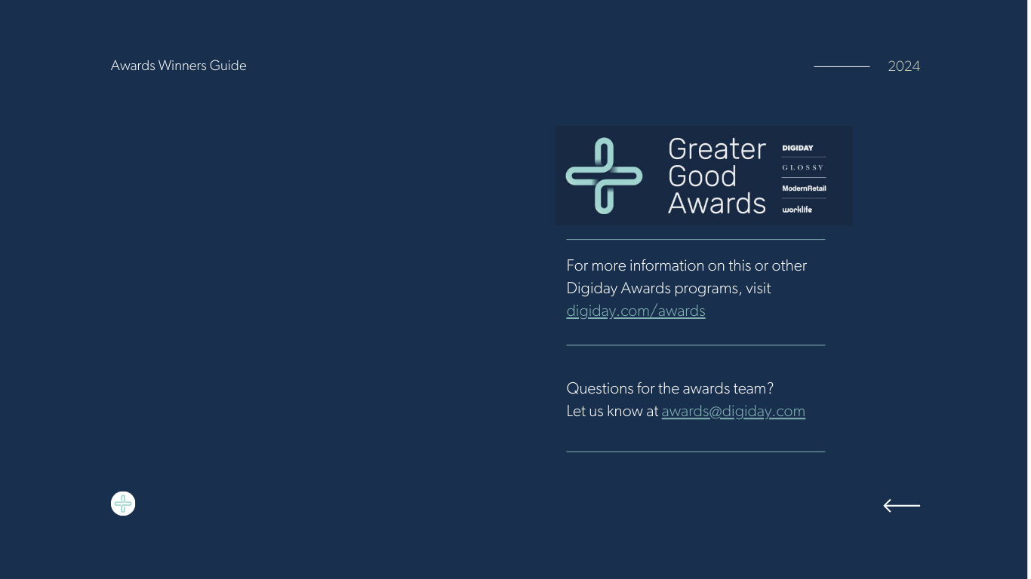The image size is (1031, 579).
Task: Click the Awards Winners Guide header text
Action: click(x=179, y=66)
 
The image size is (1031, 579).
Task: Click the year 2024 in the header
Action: click(x=904, y=66)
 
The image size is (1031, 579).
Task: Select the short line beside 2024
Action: click(x=842, y=66)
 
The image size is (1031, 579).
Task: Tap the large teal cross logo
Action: click(x=604, y=176)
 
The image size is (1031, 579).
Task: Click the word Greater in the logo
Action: click(x=717, y=149)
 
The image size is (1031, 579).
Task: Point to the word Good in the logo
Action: click(x=703, y=176)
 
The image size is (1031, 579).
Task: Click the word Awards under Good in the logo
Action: click(x=717, y=204)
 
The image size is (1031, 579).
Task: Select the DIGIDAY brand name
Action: click(x=798, y=148)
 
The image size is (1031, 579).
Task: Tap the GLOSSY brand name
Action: click(x=803, y=167)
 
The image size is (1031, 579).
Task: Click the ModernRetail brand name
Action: click(x=804, y=188)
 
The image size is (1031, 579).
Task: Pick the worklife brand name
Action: click(x=797, y=210)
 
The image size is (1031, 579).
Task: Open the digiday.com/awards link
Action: click(x=636, y=311)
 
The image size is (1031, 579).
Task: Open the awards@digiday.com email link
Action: click(x=733, y=412)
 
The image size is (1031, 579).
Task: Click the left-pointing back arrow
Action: click(x=902, y=505)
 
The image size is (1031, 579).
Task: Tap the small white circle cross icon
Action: click(x=123, y=504)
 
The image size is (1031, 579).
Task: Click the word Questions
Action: click(x=600, y=388)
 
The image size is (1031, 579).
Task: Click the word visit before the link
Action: click(x=759, y=288)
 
